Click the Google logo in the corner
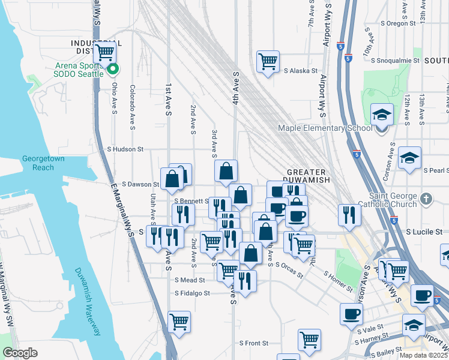point(20,353)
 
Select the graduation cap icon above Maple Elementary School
point(381,115)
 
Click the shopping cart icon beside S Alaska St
point(268,61)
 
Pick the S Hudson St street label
point(125,149)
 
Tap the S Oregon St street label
point(399,23)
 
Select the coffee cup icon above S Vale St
point(351,314)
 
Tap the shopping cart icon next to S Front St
point(309,340)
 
